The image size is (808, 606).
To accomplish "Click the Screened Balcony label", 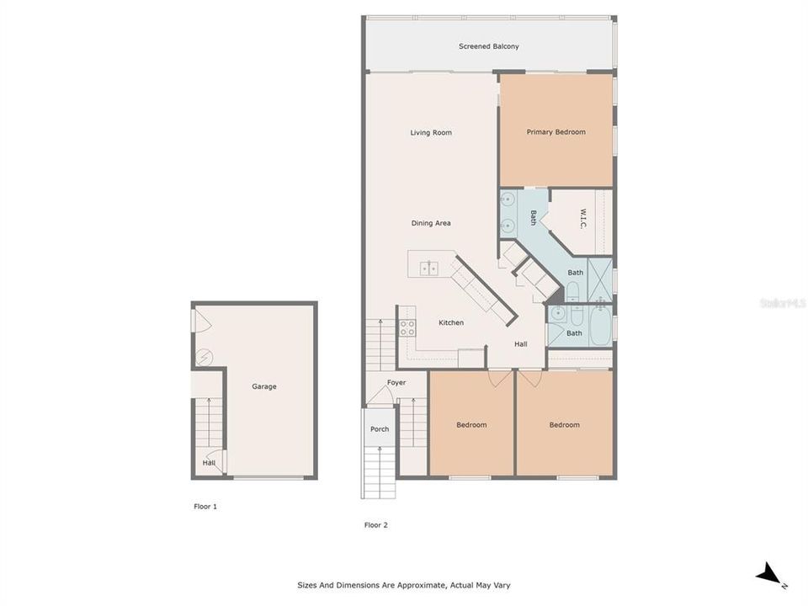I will [488, 46].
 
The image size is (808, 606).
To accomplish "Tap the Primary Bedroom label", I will [555, 132].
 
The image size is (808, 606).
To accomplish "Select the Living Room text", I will [431, 133].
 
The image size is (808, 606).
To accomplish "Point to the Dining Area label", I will [431, 223].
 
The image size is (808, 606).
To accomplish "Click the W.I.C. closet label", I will [583, 221].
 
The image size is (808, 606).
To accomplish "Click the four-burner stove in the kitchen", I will [407, 327].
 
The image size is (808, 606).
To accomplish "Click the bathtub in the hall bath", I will [601, 328].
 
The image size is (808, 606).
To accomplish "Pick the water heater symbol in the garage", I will [202, 358].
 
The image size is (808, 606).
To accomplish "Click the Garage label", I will [264, 387].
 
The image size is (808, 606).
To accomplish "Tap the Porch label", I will [380, 429].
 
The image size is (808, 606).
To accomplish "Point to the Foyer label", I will [396, 383].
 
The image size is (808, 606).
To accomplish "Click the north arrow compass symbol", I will [769, 576].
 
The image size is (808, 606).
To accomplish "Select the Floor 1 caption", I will [205, 507].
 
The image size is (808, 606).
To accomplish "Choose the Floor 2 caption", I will [376, 525].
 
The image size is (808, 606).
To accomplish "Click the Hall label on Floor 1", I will [209, 462].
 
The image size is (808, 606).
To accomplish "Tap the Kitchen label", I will [451, 322].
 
